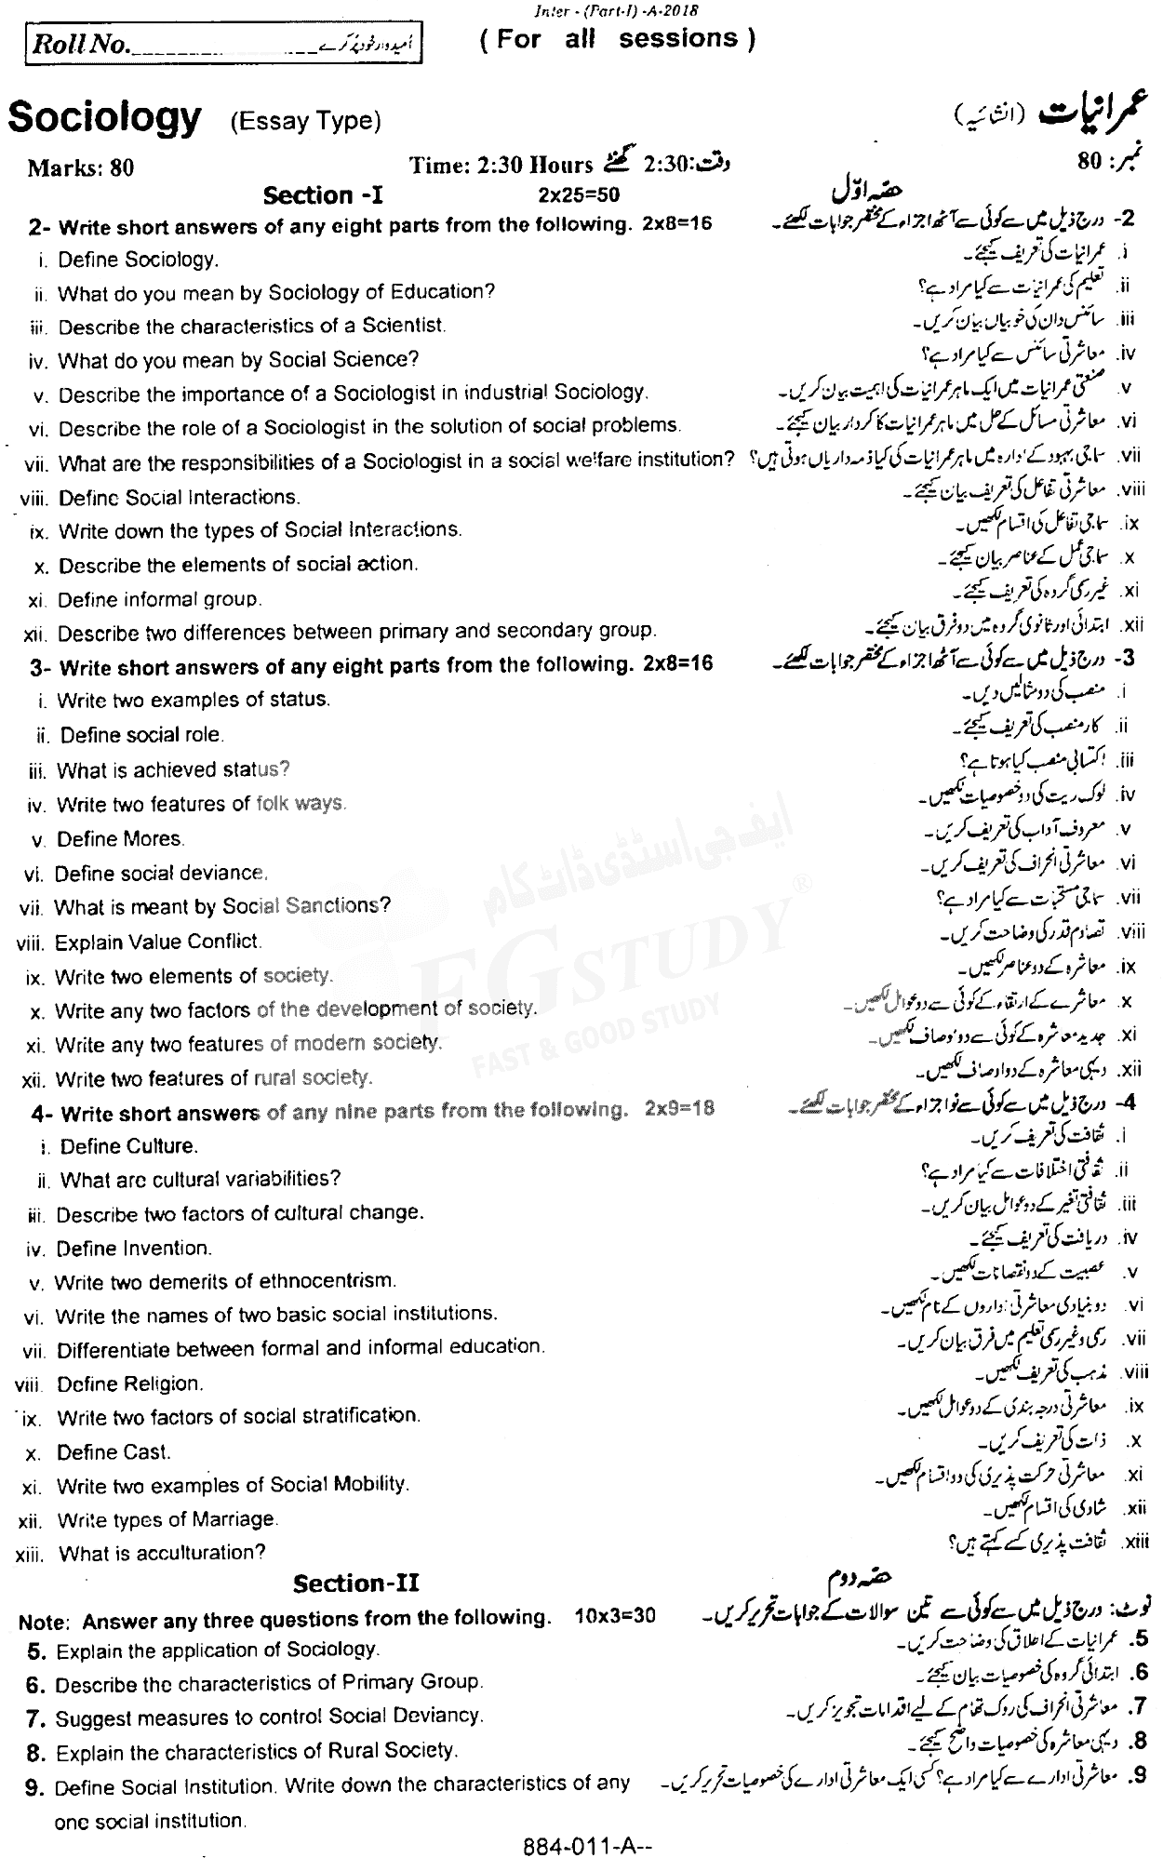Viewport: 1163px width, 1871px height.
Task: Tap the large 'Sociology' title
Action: coord(104,118)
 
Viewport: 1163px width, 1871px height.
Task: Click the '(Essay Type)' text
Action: coord(305,121)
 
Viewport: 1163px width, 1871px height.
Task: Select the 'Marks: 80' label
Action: coord(81,167)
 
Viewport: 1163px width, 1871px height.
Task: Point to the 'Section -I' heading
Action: coord(323,195)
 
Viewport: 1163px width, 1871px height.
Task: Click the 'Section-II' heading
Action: coord(356,1584)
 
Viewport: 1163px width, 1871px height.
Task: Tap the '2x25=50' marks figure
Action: coord(578,194)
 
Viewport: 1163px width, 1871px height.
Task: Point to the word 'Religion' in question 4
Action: coord(164,1383)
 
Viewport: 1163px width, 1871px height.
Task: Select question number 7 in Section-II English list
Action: coord(36,1716)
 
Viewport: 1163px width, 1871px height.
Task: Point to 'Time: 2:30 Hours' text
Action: coord(501,166)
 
